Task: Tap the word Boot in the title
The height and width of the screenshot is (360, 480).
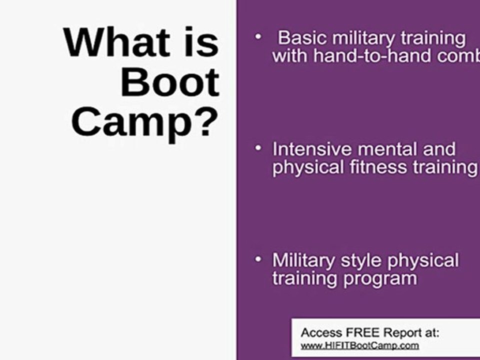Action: pyautogui.click(x=170, y=82)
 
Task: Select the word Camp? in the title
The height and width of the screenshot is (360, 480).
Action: pyautogui.click(x=145, y=122)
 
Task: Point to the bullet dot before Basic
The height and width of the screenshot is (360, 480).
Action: pyautogui.click(x=258, y=36)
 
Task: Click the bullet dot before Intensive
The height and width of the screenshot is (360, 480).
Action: pyautogui.click(x=258, y=148)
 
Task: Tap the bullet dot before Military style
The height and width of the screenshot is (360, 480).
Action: pyautogui.click(x=258, y=259)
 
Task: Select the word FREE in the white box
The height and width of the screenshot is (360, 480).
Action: pyautogui.click(x=360, y=333)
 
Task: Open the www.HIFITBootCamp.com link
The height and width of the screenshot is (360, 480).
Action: pyautogui.click(x=359, y=345)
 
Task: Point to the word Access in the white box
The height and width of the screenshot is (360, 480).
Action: pyautogui.click(x=318, y=333)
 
